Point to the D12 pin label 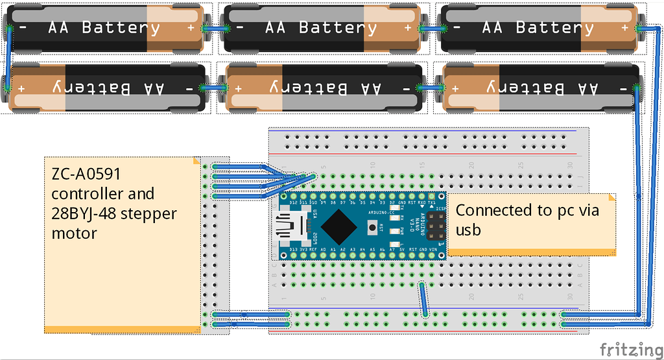[x=293, y=202]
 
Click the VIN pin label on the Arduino [x=442, y=249]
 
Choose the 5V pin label [x=402, y=249]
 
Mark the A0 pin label [x=323, y=249]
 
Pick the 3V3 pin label [x=303, y=249]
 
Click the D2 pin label [x=392, y=202]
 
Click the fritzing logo [x=626, y=348]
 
